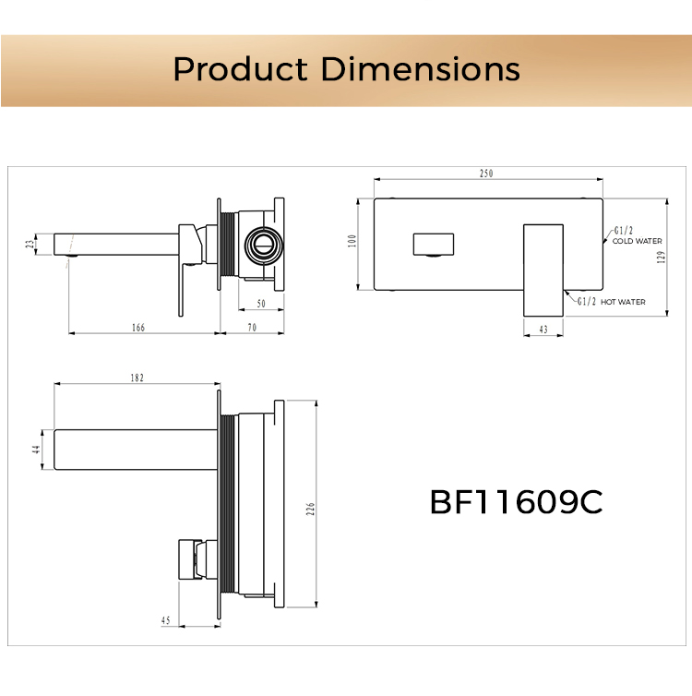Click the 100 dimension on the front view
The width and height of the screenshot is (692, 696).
352,242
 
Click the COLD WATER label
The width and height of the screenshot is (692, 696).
638,241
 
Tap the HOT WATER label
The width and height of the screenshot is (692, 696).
623,302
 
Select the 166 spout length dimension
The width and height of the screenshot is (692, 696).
138,328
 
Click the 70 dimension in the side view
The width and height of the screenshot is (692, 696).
251,328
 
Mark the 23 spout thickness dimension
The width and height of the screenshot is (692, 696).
30,245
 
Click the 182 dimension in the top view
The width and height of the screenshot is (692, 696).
137,378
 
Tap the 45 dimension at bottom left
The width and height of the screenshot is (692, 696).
165,621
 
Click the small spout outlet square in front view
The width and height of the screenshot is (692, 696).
433,245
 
